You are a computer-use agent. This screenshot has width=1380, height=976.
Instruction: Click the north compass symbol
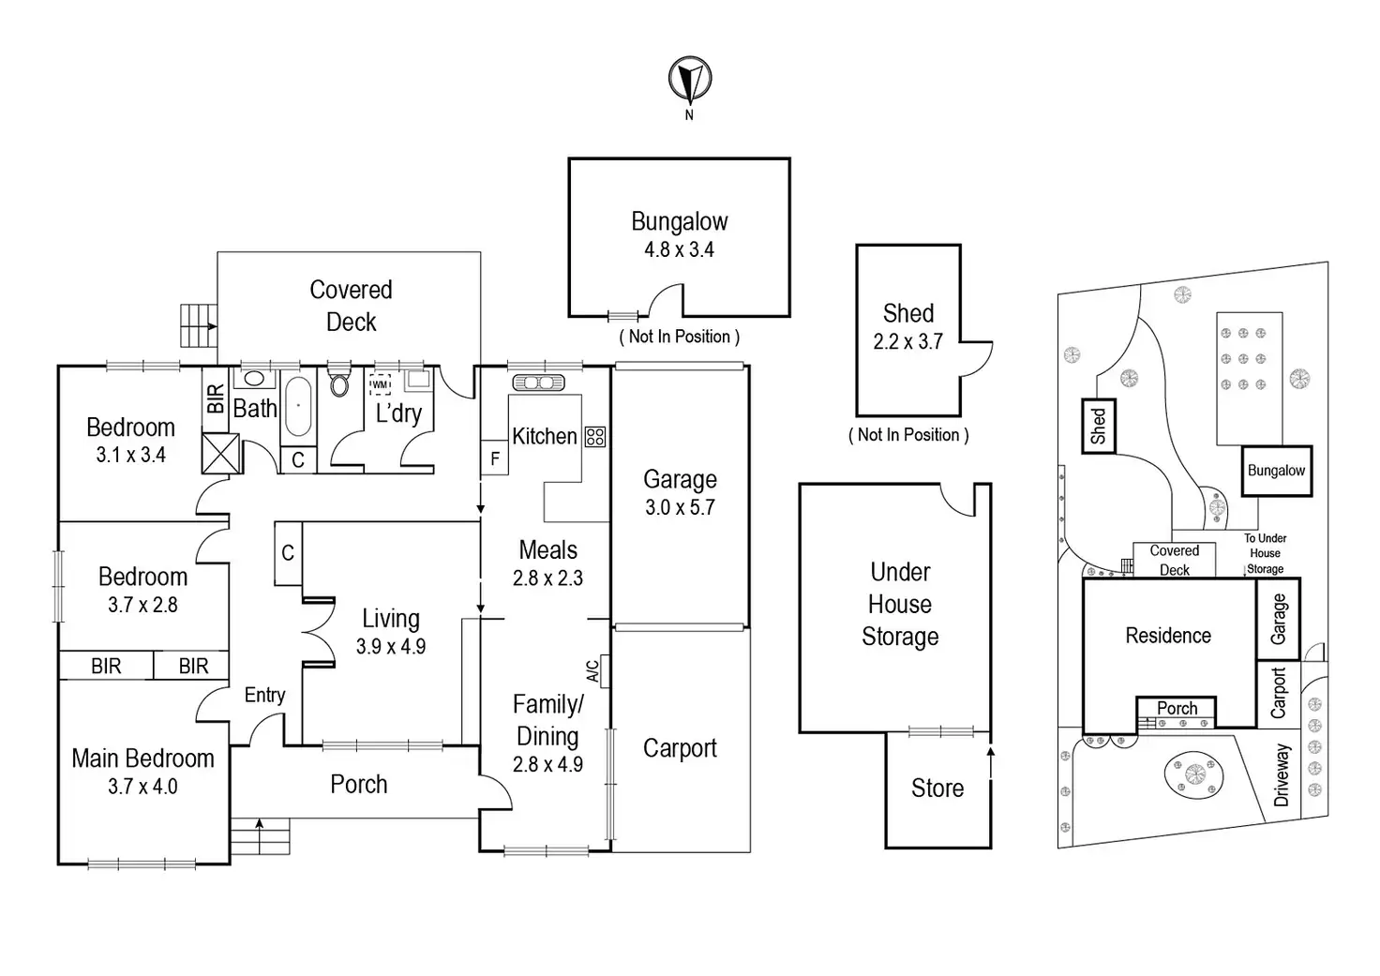(689, 80)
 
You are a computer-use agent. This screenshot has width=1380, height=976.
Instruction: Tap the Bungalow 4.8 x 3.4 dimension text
(679, 250)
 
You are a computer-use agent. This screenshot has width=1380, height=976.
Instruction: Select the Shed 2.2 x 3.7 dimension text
(907, 342)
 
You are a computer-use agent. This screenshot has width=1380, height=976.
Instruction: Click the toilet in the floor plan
(339, 383)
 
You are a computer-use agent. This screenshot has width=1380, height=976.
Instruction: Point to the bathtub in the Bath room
(297, 406)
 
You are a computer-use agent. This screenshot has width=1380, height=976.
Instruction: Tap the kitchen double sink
(538, 383)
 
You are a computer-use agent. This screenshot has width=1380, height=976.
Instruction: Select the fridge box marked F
(495, 459)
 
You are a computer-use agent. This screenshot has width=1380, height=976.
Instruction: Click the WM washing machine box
(380, 384)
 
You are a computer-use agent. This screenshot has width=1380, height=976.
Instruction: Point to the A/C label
(592, 670)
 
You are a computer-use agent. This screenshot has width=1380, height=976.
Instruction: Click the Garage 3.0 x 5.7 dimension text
(680, 507)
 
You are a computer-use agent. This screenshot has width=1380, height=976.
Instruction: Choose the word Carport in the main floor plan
(680, 748)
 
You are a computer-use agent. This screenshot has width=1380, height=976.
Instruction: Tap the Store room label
(937, 788)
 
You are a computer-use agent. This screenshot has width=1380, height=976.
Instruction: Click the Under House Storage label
(900, 605)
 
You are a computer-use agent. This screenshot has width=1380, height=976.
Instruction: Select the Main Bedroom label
(142, 758)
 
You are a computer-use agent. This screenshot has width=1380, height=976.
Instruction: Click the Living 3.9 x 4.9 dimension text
(390, 646)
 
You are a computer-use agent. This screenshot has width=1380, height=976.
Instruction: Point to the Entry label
(264, 695)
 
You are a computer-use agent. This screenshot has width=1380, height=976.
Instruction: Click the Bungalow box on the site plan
(1277, 471)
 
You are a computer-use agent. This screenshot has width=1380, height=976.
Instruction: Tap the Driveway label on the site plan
(1282, 775)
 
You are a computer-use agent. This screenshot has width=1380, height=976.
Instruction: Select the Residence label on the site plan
(1168, 636)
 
